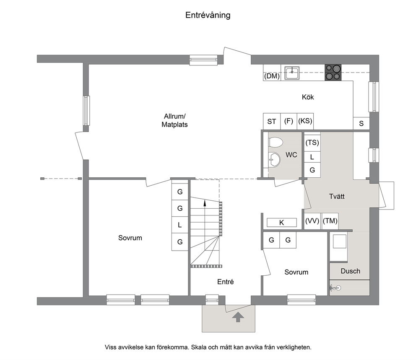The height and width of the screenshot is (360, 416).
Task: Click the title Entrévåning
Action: tap(208, 15)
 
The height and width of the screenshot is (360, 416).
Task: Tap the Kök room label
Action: tap(308, 97)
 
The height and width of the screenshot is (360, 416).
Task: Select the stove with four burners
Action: tap(333, 73)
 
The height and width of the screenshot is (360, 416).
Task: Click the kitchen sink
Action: tap(292, 73)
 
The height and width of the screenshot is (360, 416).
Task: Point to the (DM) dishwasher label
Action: tap(272, 76)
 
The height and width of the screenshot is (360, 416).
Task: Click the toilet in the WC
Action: tap(275, 142)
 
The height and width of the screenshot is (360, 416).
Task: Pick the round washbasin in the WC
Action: tap(274, 160)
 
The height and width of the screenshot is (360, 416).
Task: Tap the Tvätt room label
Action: tap(337, 197)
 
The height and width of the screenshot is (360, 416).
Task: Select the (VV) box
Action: tap(312, 221)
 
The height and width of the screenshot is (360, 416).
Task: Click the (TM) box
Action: tap(330, 221)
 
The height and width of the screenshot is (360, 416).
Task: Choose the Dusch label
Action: tap(350, 271)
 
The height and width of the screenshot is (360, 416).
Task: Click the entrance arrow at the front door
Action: tap(238, 317)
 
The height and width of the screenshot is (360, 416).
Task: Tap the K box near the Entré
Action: tap(281, 223)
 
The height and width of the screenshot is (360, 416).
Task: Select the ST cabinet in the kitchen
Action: tap(272, 122)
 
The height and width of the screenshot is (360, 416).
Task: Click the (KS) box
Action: tap(305, 122)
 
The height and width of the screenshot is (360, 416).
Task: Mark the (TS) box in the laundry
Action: tap(312, 142)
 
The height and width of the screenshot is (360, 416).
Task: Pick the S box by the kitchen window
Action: tap(361, 124)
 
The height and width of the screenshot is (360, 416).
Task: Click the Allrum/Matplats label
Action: tap(174, 120)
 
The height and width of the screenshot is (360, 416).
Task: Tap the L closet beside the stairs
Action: tap(180, 225)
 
